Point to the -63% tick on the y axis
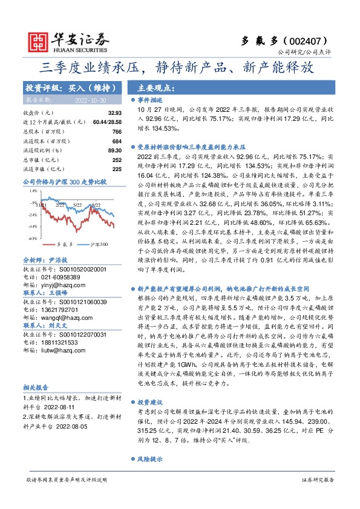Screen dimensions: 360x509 (31, 238)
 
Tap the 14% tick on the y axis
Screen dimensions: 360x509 (33, 190)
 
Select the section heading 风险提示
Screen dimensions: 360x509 (151, 476)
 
